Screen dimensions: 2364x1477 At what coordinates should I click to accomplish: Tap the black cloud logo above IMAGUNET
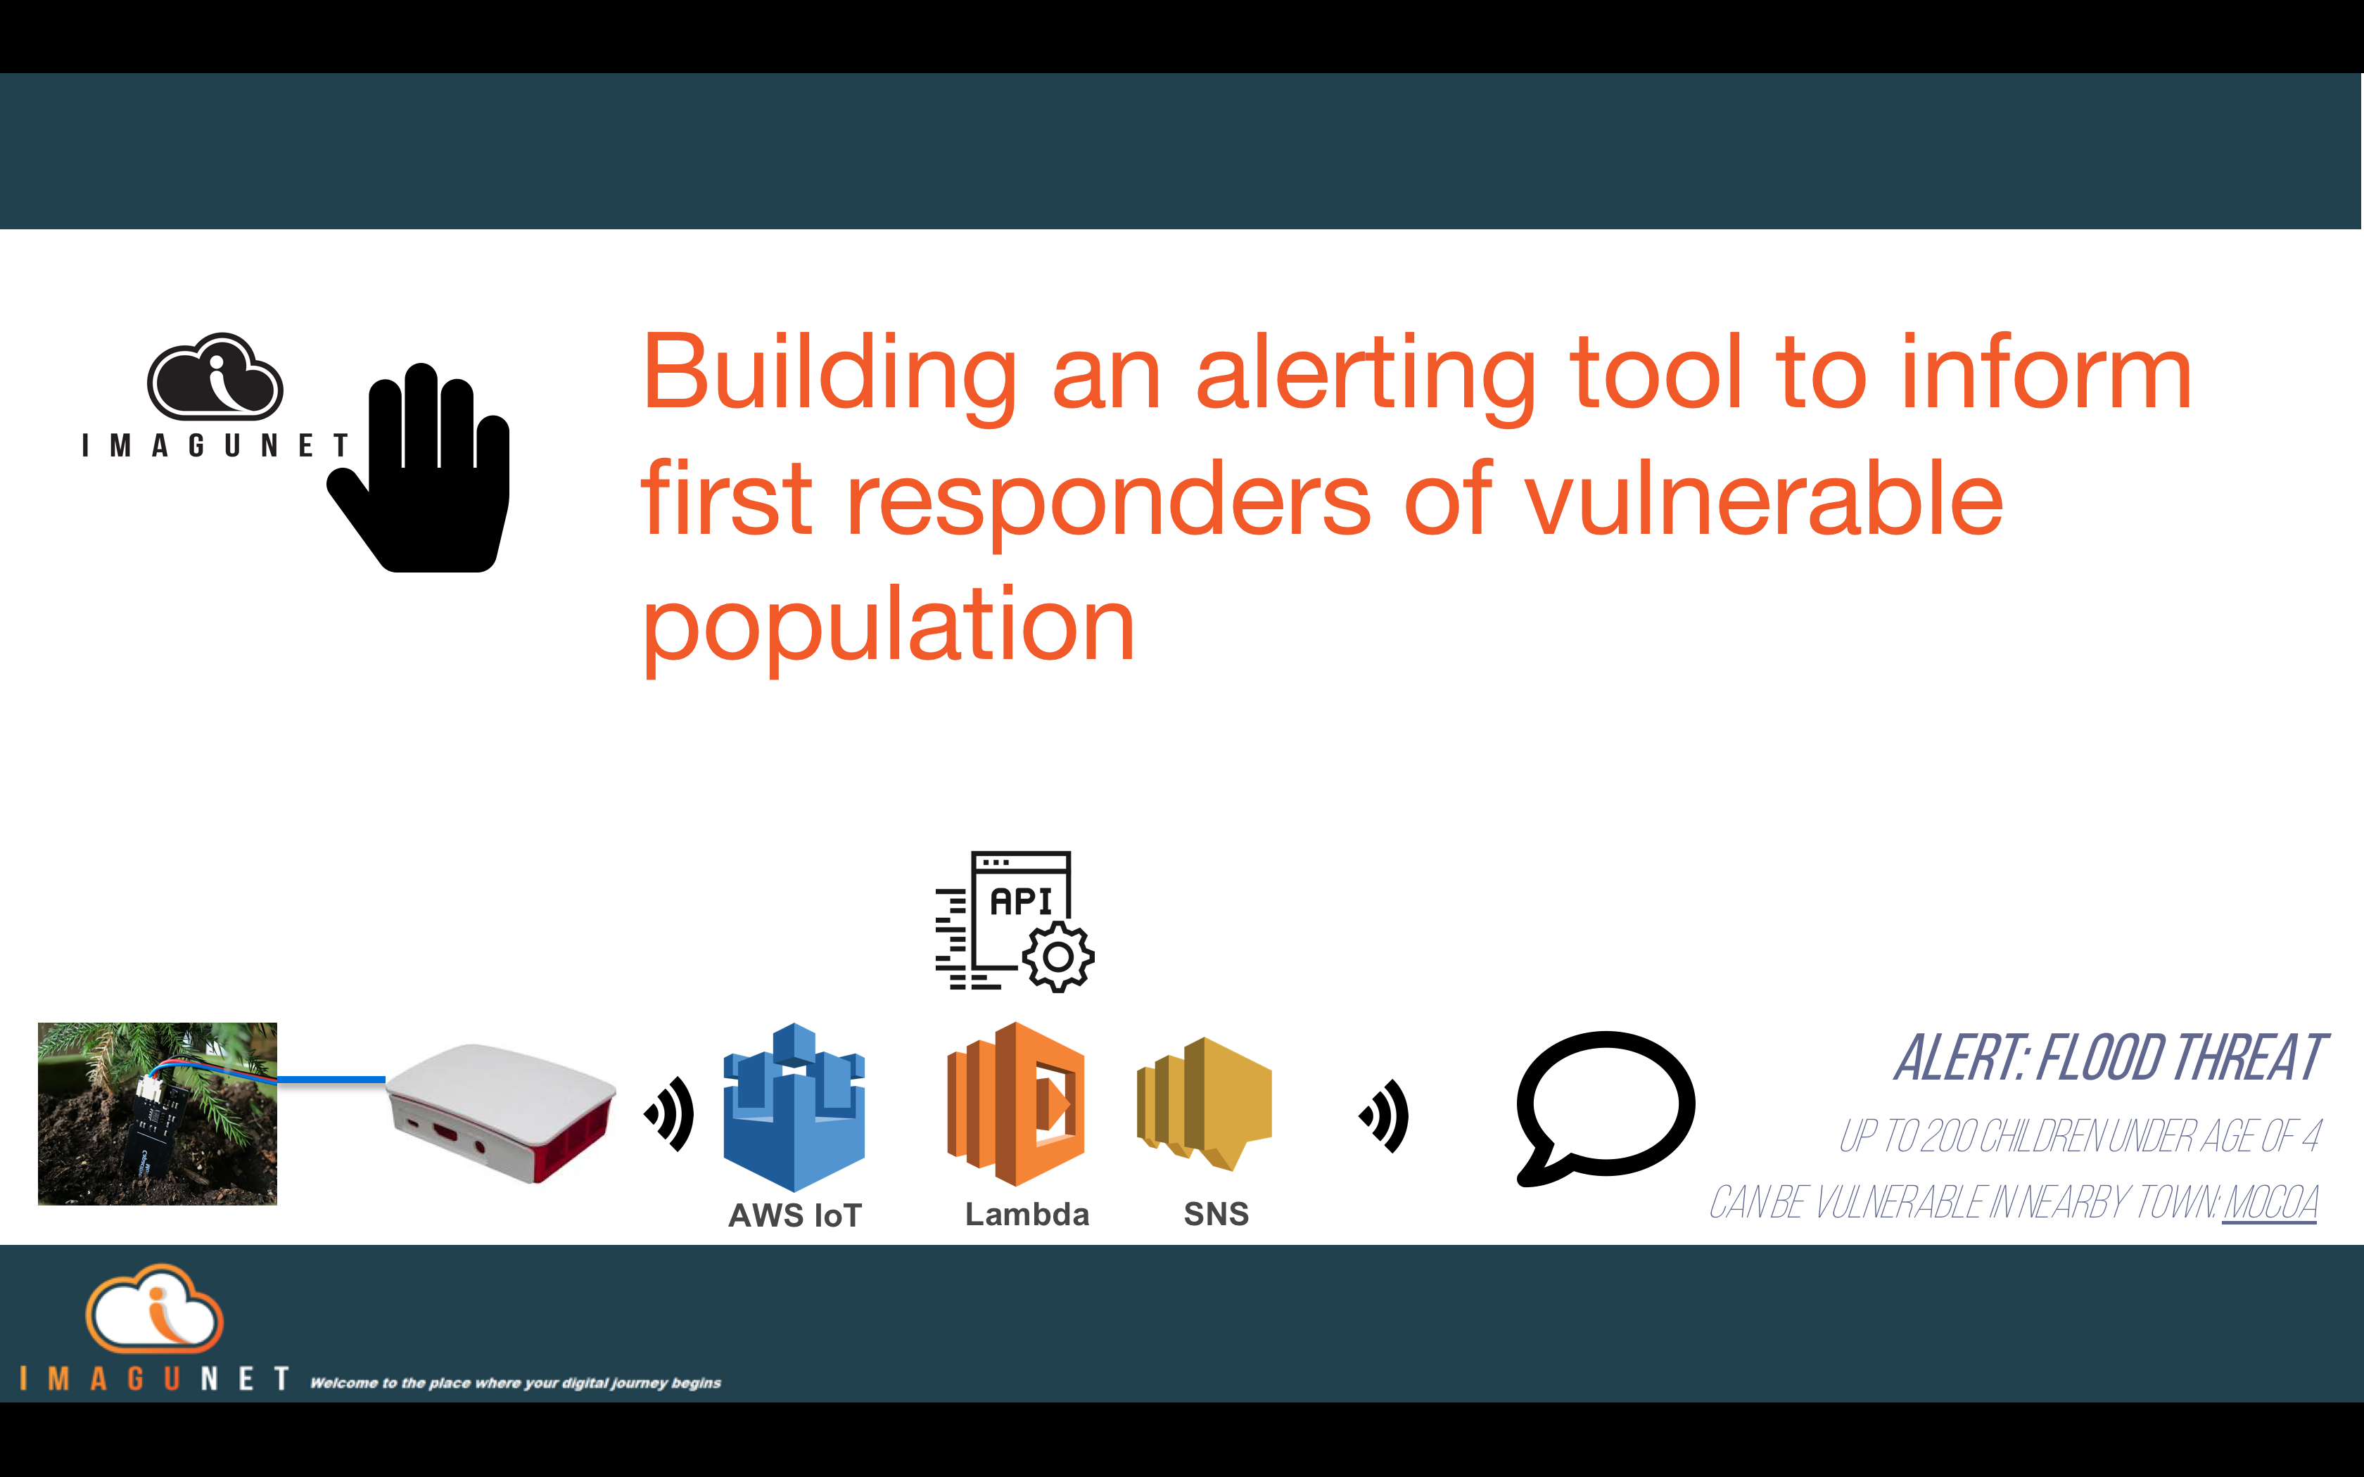point(215,376)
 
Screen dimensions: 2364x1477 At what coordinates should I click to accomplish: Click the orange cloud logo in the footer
point(154,1309)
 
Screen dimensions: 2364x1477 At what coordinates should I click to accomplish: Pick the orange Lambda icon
point(1016,1104)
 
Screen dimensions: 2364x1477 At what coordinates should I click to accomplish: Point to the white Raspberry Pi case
point(501,1112)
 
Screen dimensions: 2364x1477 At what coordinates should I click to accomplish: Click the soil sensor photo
point(158,1113)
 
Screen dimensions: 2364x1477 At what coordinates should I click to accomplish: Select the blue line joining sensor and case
point(331,1080)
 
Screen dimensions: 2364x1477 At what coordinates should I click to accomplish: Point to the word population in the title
point(888,625)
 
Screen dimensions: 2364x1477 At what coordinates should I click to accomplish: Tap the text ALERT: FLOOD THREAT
point(2110,1058)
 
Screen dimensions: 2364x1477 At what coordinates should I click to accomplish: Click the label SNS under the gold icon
point(1216,1214)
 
